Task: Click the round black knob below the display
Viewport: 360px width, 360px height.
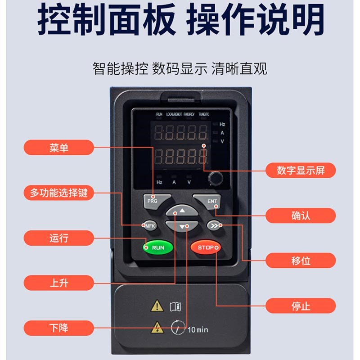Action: click(216, 179)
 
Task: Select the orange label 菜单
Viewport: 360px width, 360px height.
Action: click(59, 148)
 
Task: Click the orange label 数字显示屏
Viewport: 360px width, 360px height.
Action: click(300, 171)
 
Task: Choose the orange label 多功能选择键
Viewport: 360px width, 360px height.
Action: click(59, 193)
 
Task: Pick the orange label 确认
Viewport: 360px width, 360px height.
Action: click(300, 216)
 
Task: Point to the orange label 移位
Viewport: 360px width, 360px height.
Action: click(300, 261)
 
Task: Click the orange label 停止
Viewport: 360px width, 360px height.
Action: click(300, 306)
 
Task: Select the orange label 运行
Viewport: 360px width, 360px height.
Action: click(59, 238)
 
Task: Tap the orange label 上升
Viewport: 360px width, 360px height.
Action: click(59, 283)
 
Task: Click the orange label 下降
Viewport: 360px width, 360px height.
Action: click(59, 328)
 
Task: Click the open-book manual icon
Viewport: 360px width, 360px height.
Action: click(175, 306)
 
